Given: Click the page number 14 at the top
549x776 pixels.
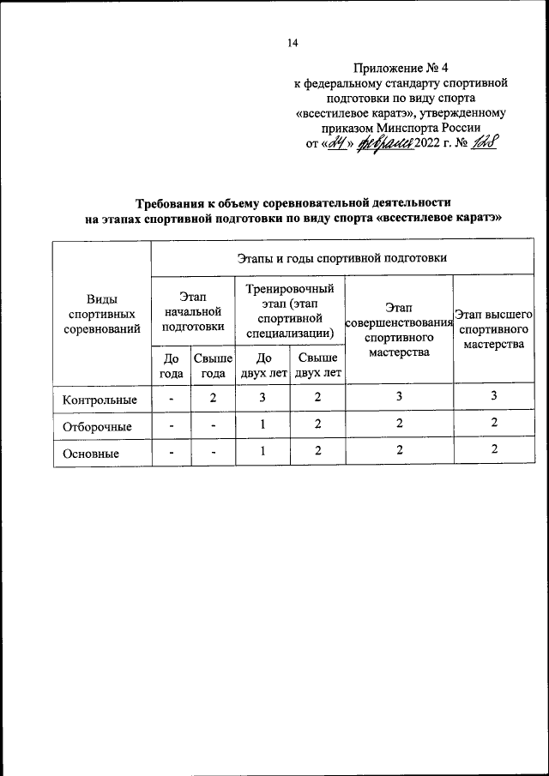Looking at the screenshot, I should [293, 45].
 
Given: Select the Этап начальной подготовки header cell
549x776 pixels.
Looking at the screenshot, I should [191, 310].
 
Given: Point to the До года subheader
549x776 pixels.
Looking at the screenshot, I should [170, 365].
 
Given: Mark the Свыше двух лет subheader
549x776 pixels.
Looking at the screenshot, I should [317, 365].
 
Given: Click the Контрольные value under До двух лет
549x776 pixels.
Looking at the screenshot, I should [262, 397].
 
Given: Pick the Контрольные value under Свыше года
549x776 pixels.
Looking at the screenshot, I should [212, 397].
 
